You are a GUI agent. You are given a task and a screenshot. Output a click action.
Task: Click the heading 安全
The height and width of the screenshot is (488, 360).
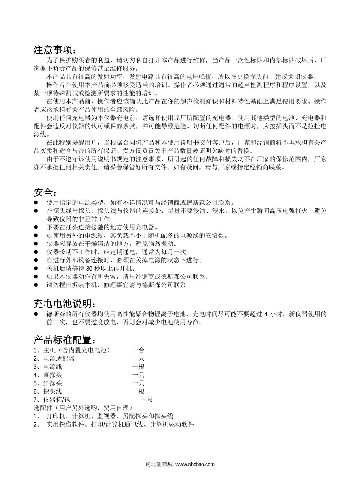45,192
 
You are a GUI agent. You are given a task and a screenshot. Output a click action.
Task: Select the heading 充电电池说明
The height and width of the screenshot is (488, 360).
64,304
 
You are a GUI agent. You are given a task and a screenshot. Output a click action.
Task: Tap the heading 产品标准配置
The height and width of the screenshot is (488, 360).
64,340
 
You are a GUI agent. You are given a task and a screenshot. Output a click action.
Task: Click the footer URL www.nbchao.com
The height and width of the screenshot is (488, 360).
195,464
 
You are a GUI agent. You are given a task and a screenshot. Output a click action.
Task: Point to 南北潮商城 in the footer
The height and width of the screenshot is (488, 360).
159,464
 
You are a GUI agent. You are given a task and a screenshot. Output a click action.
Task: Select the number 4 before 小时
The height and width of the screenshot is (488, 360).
266,314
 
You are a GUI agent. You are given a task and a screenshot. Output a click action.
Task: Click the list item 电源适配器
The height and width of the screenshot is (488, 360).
59,359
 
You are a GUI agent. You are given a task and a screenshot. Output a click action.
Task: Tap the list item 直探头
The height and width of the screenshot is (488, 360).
53,375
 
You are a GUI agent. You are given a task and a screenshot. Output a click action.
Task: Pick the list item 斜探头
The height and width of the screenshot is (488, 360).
53,383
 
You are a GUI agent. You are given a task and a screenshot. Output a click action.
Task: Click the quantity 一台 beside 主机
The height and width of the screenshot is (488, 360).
138,350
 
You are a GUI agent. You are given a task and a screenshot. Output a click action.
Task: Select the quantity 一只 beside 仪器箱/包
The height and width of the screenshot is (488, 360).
146,400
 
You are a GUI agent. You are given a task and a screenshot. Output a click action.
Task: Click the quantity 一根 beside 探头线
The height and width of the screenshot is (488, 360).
138,391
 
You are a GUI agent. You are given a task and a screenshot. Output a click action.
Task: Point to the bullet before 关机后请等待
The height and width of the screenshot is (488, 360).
36,269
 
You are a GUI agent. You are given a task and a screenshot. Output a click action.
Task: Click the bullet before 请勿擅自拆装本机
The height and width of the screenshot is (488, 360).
36,285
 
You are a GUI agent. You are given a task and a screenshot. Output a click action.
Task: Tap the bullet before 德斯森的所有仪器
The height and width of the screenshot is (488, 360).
36,314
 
